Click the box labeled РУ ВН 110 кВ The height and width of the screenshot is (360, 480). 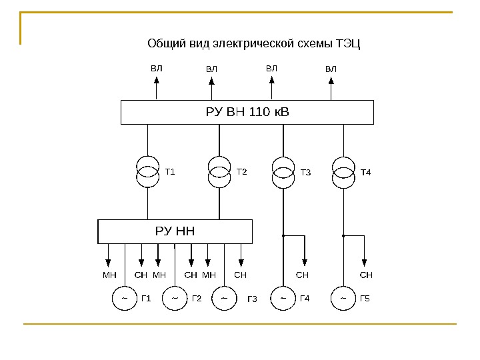coord(247,112)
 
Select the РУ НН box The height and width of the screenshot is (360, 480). coord(175,231)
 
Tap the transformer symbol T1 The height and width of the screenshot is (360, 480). coord(147,172)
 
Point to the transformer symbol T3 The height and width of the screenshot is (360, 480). coord(283,172)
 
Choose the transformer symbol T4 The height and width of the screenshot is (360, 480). coord(343,172)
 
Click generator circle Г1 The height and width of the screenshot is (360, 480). coord(124,298)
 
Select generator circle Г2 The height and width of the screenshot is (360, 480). coord(174,298)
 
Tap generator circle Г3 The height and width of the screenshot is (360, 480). coord(224,298)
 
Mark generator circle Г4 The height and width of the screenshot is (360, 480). coord(283,298)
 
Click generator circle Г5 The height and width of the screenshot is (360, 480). coord(343,298)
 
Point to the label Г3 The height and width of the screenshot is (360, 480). coord(252,299)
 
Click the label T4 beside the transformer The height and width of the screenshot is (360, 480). coord(365,173)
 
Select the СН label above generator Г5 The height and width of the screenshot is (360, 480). coord(366,274)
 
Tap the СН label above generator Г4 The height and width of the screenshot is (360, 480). coord(303,274)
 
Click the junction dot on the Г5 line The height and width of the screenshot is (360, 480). coord(343,235)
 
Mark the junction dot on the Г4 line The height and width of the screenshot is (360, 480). coord(283,235)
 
